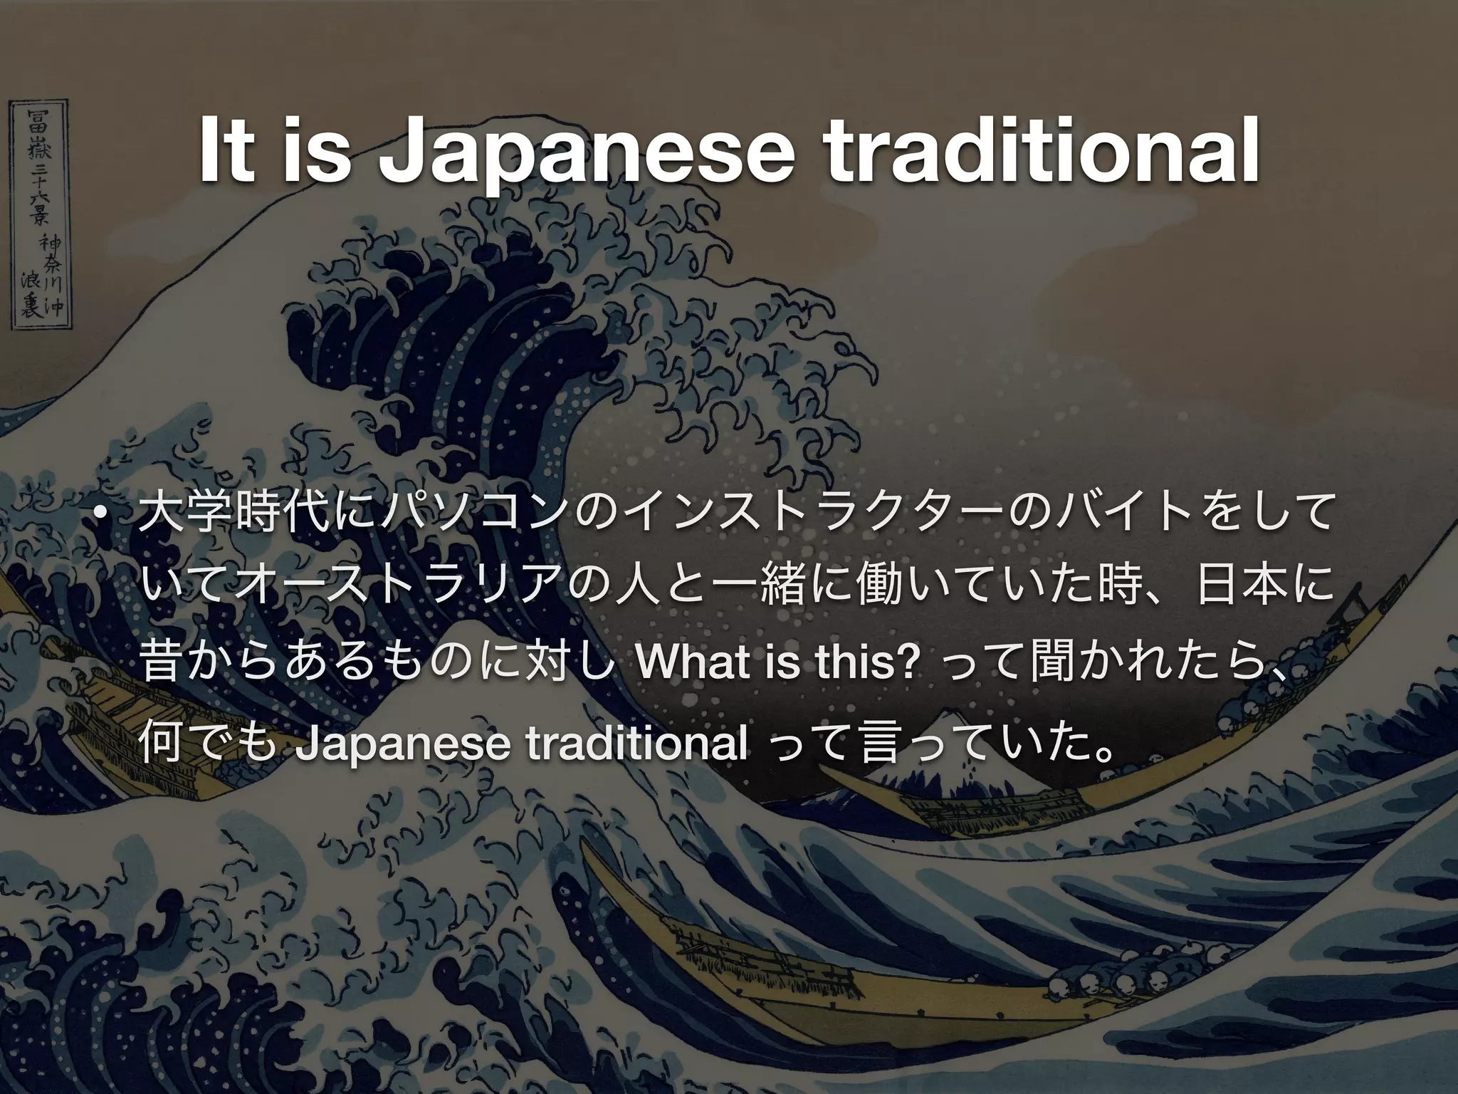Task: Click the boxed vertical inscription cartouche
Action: coord(39,214)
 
